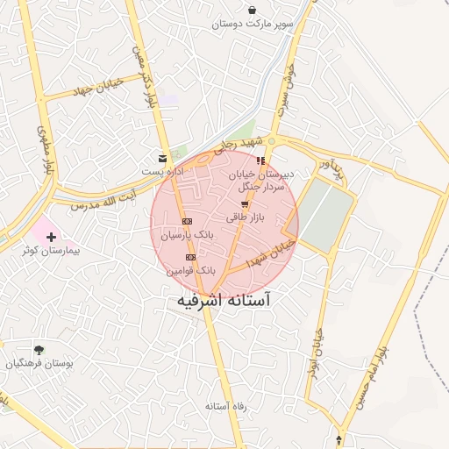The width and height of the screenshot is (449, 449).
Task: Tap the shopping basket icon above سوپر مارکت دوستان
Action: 253,11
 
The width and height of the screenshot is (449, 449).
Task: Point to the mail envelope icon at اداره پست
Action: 162,159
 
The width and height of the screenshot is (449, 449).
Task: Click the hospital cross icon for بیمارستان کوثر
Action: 51,237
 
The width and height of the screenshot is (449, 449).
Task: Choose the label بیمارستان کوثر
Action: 53,251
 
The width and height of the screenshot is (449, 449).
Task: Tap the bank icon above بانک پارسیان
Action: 186,221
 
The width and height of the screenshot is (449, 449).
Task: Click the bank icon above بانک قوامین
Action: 191,257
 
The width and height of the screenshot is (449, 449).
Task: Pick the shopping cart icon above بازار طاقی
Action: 244,203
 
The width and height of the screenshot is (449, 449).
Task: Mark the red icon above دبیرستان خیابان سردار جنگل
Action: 260,161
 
